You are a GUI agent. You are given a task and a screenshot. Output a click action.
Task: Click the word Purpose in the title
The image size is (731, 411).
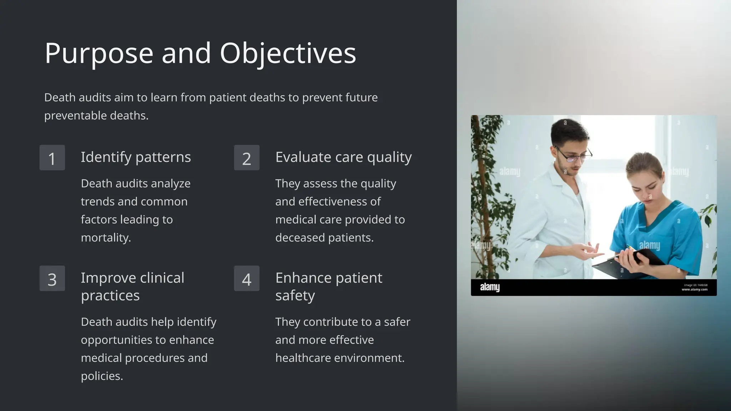point(99,54)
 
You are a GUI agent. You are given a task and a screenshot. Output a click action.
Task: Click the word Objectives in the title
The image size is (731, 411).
point(288,54)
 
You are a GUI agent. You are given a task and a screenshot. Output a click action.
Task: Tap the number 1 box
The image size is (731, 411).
point(52,158)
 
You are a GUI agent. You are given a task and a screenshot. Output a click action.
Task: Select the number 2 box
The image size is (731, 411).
point(247,158)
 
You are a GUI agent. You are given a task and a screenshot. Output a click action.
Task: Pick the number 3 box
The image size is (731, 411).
point(52,279)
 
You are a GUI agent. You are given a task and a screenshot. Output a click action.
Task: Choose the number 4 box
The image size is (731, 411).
point(247,279)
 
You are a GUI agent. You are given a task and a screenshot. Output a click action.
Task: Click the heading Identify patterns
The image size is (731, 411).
point(136,157)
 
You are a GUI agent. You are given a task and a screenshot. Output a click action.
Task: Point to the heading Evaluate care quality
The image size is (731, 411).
point(343,157)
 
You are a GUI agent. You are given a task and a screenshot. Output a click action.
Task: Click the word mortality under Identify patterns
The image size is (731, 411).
point(106,238)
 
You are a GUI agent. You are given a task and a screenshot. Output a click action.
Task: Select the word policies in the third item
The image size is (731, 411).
point(102,376)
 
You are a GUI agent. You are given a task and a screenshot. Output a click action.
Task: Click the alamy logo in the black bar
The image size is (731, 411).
point(490,287)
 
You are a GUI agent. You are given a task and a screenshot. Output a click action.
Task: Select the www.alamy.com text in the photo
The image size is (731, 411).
point(694,289)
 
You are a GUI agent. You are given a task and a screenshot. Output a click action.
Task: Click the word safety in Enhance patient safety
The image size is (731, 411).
point(295,296)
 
